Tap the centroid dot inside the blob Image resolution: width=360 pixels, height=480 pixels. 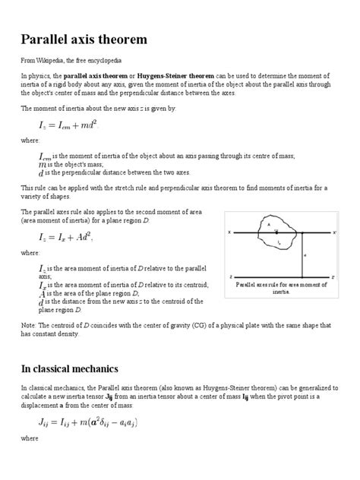point(276,231)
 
